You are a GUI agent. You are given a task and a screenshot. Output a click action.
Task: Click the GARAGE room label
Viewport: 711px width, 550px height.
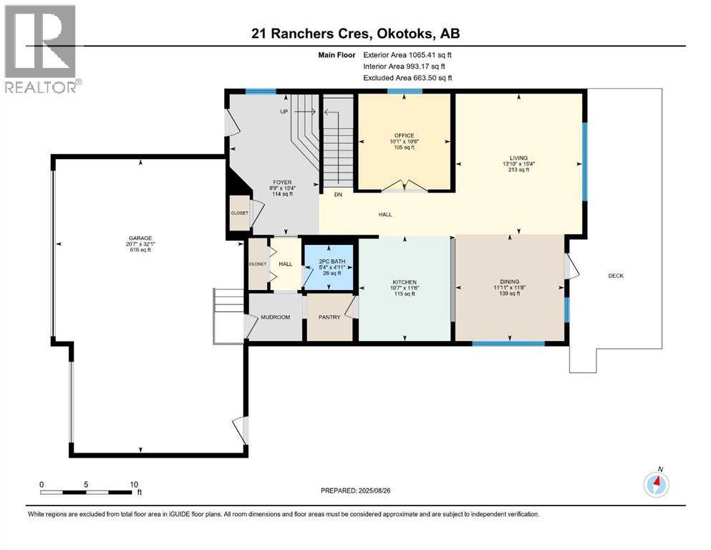(x=140, y=238)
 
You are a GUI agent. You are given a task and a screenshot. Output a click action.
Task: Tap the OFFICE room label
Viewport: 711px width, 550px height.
(x=404, y=135)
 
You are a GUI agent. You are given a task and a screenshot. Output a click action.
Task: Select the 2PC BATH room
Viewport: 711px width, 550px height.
(x=329, y=267)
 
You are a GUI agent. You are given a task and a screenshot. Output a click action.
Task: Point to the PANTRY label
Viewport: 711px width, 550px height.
(x=329, y=317)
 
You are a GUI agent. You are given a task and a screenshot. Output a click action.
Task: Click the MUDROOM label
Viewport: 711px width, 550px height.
(x=275, y=317)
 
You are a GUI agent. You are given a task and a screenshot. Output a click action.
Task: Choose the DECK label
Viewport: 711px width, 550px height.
(x=616, y=276)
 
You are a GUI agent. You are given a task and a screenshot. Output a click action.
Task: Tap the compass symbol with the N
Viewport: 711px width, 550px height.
(x=656, y=483)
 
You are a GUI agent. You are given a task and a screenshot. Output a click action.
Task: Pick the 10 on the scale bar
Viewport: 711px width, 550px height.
(x=134, y=484)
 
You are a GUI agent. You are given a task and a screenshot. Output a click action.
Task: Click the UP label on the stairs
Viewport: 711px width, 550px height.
(x=284, y=112)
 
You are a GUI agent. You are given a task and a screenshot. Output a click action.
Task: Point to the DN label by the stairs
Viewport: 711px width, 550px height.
(x=338, y=195)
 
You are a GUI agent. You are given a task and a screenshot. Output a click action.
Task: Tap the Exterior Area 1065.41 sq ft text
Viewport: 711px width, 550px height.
(x=407, y=55)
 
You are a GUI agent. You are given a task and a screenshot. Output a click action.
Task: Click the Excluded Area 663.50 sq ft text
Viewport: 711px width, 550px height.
(x=407, y=77)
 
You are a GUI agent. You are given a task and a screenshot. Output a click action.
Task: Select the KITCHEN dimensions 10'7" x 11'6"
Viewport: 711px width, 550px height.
(x=405, y=288)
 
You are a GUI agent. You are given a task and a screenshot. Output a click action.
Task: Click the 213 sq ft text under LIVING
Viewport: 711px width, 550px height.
(x=518, y=170)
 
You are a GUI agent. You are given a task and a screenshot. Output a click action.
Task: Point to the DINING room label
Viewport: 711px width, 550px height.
(x=510, y=281)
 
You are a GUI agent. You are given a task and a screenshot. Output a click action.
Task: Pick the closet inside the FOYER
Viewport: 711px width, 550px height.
(x=240, y=213)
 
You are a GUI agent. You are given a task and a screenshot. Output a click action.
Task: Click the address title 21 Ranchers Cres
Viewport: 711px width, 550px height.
(x=309, y=34)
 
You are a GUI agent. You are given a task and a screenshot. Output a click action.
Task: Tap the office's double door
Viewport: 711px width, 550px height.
(x=405, y=186)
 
